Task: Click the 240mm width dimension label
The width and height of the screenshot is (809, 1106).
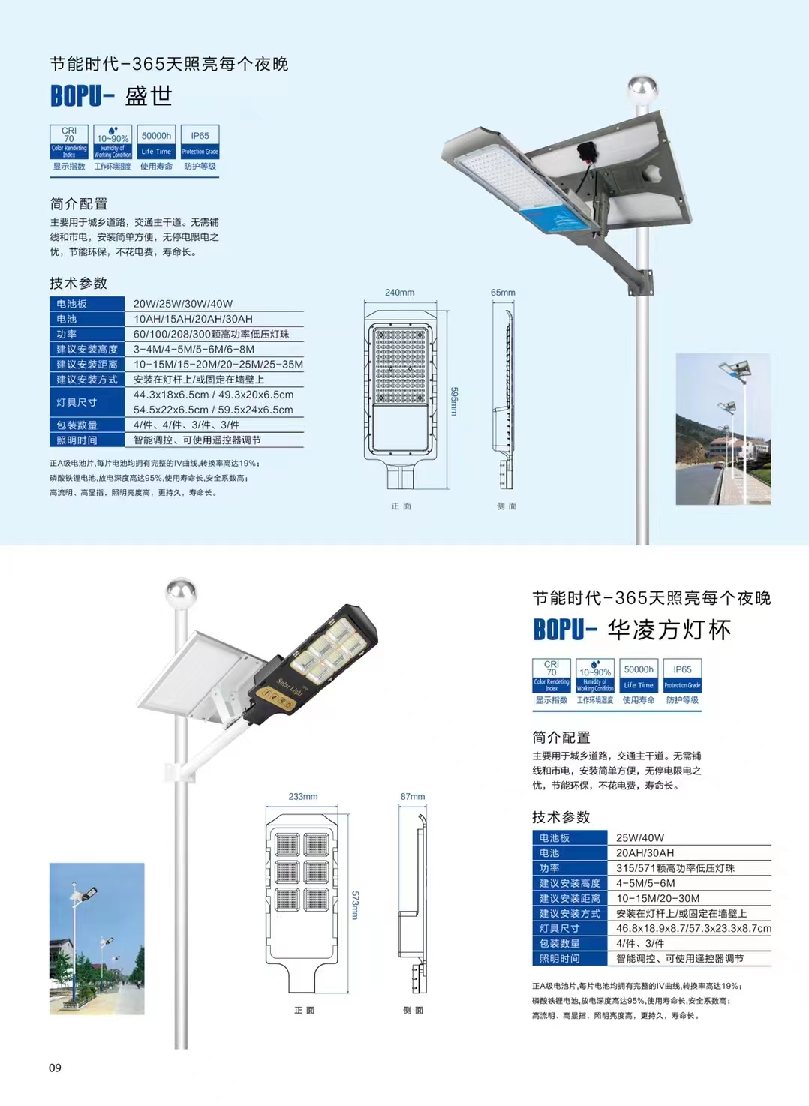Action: tap(399, 293)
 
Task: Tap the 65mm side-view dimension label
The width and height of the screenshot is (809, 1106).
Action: tap(503, 293)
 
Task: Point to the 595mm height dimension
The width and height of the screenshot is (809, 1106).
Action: tap(453, 401)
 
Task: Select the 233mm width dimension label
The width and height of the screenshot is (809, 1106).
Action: tap(302, 796)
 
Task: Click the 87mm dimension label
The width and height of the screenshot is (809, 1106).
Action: tap(412, 796)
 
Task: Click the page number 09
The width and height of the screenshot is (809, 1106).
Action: tap(55, 1068)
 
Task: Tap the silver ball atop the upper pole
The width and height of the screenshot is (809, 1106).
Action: tap(642, 89)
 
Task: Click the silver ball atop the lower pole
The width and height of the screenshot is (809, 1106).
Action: tap(181, 593)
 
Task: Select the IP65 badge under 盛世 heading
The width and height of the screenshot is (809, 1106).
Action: tap(200, 143)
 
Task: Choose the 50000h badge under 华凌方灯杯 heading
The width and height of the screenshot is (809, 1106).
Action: tap(639, 676)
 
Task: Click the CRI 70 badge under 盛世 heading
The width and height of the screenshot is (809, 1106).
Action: tap(69, 143)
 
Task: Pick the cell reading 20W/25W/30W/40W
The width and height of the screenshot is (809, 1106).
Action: tap(183, 304)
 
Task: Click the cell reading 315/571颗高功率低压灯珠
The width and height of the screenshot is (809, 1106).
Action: tap(675, 868)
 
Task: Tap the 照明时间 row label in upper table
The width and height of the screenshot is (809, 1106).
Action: tap(77, 440)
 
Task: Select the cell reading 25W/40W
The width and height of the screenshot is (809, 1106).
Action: tap(640, 837)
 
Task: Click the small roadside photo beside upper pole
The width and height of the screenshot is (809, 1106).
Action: tap(723, 428)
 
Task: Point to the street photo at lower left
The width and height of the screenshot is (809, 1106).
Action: tap(97, 939)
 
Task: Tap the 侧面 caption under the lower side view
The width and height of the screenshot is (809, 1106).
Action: tap(413, 1010)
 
